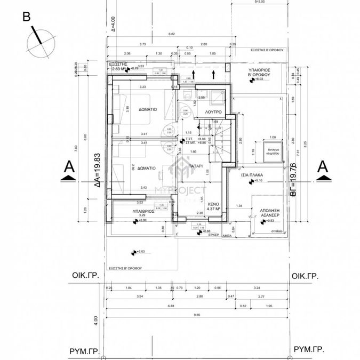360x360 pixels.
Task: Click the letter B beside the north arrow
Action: pyautogui.click(x=26, y=17)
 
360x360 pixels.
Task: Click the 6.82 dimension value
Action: pyautogui.click(x=171, y=34)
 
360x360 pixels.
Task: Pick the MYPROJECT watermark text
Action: pyautogui.click(x=180, y=190)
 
